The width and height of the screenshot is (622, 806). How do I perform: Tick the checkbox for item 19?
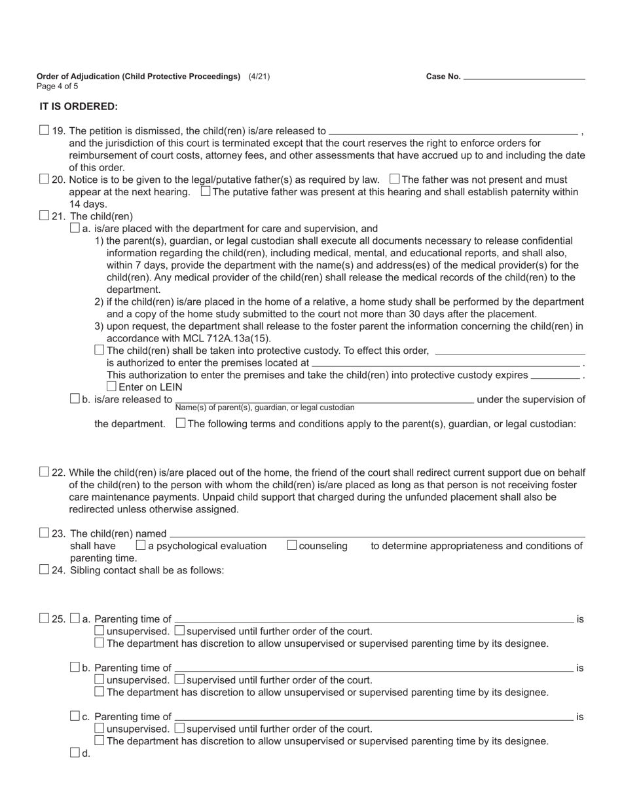pyautogui.click(x=44, y=130)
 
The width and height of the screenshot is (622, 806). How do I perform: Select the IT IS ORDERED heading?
pyautogui.click(x=79, y=106)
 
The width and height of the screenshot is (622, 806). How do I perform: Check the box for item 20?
pyautogui.click(x=44, y=179)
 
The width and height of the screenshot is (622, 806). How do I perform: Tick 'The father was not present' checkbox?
pyautogui.click(x=394, y=179)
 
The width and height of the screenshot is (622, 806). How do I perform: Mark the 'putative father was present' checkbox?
pyautogui.click(x=206, y=191)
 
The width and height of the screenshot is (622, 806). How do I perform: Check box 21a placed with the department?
pyautogui.click(x=75, y=228)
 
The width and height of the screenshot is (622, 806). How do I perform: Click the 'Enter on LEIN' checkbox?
pyautogui.click(x=111, y=387)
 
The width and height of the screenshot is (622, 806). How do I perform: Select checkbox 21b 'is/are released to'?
pyautogui.click(x=75, y=398)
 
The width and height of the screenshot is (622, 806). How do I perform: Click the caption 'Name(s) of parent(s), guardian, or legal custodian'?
pyautogui.click(x=265, y=408)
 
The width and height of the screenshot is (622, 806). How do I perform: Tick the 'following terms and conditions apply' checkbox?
pyautogui.click(x=181, y=423)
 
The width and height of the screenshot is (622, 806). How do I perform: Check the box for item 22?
pyautogui.click(x=44, y=472)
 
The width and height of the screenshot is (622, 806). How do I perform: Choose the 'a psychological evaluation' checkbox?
pyautogui.click(x=141, y=545)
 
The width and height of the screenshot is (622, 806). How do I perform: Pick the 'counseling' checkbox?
pyautogui.click(x=292, y=545)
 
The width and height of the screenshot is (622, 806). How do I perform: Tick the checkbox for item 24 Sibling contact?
pyautogui.click(x=44, y=569)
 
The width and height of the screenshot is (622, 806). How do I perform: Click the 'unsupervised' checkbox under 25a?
pyautogui.click(x=100, y=630)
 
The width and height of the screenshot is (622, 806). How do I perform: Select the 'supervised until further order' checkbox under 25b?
pyautogui.click(x=180, y=680)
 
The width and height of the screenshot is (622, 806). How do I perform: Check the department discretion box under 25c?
pyautogui.click(x=100, y=740)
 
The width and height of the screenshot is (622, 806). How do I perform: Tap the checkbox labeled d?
pyautogui.click(x=75, y=753)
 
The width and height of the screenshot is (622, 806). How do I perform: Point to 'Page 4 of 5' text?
pyautogui.click(x=58, y=86)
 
